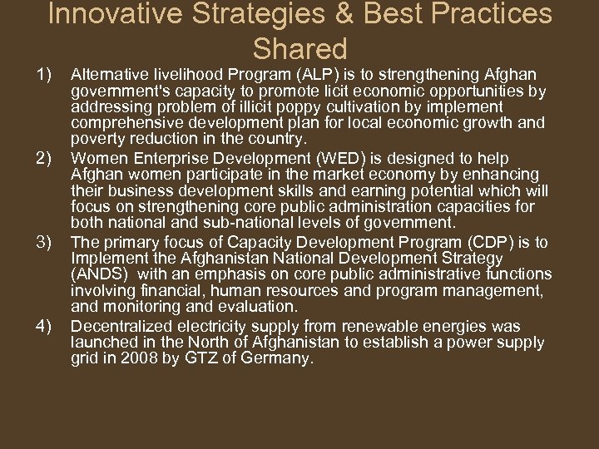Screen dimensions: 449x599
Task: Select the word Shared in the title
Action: pos(299,48)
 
